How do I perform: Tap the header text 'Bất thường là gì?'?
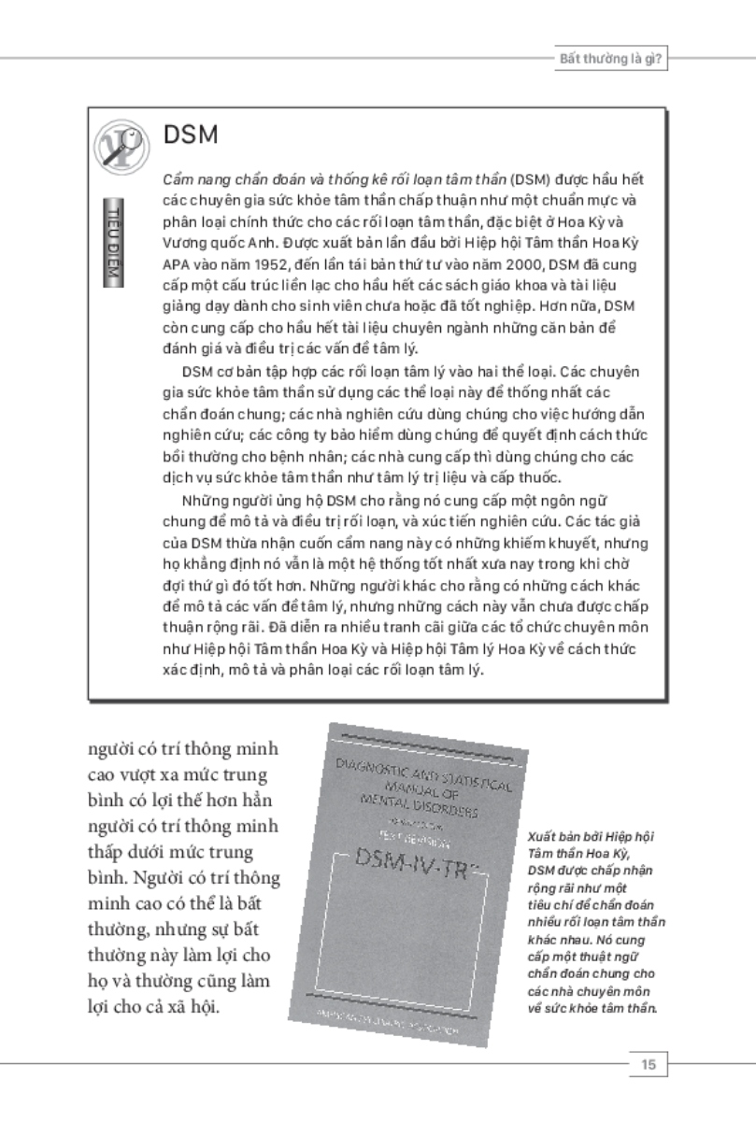[x=605, y=58]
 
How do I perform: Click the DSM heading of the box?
[x=191, y=135]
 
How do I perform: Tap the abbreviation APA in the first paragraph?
[x=176, y=263]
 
